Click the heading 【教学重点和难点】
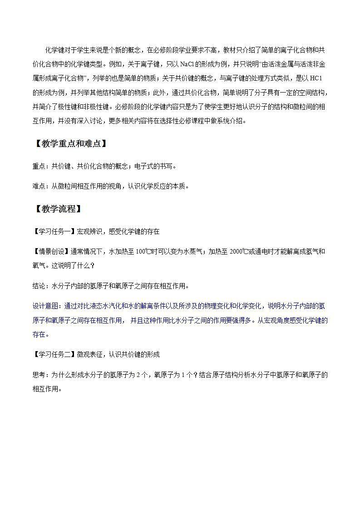coord(69,144)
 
